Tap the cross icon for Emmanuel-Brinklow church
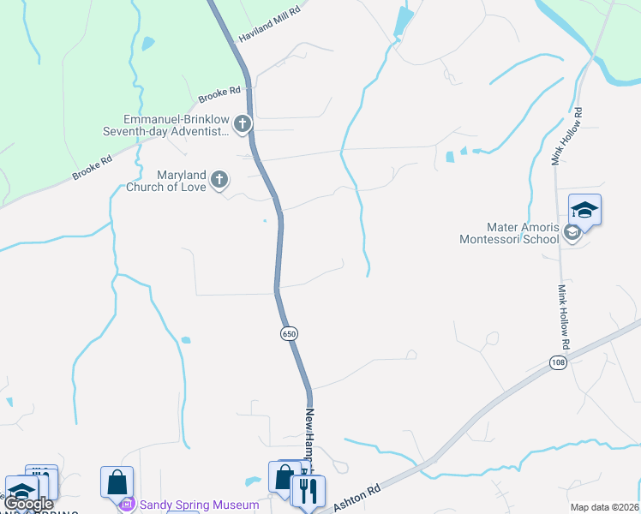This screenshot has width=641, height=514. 243,125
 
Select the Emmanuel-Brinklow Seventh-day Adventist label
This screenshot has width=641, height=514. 177,125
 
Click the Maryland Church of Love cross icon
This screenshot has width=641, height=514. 220,180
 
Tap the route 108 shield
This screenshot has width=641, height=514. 559,363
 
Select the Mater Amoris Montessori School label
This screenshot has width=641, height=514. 509,233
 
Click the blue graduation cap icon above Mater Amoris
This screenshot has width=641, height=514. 584,210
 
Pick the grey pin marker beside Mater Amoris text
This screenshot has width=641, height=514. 572,232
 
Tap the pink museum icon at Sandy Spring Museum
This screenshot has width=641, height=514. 128,504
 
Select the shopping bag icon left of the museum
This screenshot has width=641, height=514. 117,481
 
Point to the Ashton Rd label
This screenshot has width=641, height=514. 356,496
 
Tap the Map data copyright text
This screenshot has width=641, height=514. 604,507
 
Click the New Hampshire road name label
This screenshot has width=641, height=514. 311,437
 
